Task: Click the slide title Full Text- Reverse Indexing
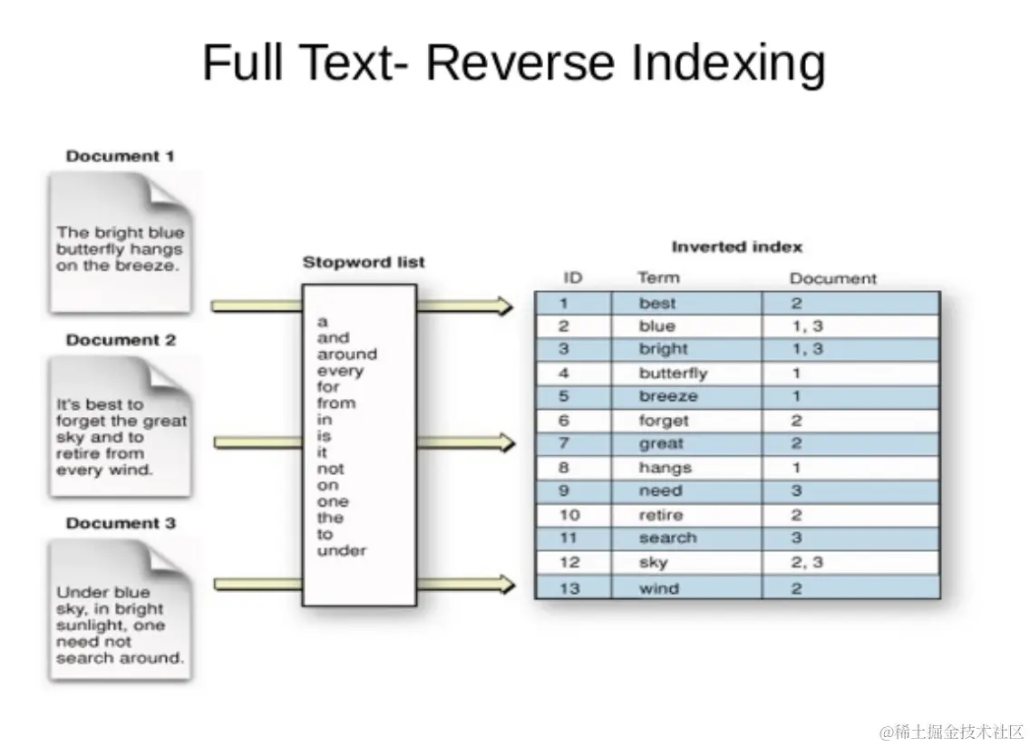click(514, 63)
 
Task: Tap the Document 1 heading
click(120, 156)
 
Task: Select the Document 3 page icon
click(121, 610)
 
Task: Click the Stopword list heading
click(364, 262)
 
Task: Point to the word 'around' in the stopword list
click(347, 354)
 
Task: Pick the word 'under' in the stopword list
click(342, 550)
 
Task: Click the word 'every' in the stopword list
click(340, 371)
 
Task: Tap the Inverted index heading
click(736, 247)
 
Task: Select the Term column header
click(658, 278)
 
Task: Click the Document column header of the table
click(833, 278)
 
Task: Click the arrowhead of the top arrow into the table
click(505, 306)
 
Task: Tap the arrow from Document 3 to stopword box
click(258, 584)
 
